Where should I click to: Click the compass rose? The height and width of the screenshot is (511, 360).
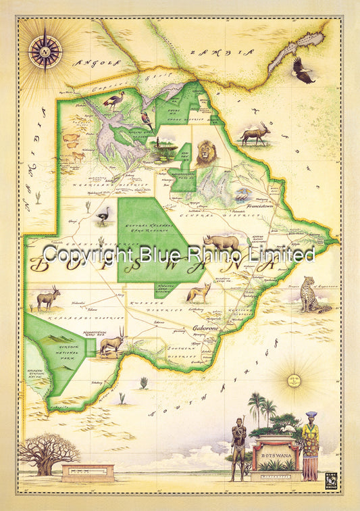coord(45,51)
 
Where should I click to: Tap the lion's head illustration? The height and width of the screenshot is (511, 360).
coord(206,153)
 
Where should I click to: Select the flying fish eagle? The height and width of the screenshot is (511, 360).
coord(303,70)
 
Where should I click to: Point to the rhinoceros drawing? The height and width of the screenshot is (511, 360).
coord(222,242)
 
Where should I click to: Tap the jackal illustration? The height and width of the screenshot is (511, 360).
coord(199,291)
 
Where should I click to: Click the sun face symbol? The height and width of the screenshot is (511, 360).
coord(294,380)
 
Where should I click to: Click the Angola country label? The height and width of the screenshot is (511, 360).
coord(97,62)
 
